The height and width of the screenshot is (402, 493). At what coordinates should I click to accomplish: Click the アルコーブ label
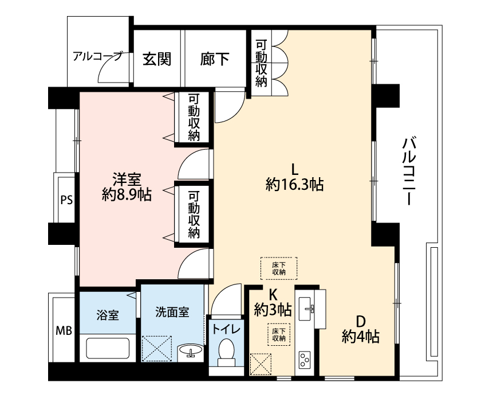(x=97, y=57)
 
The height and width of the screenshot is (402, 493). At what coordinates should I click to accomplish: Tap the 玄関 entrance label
(x=157, y=59)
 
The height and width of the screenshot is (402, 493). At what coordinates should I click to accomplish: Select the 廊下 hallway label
(x=215, y=59)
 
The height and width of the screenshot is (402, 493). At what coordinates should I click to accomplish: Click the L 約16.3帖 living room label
(x=295, y=178)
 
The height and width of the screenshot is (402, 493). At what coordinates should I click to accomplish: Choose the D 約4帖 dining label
(x=361, y=330)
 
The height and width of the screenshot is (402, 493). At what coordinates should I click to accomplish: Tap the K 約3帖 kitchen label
(x=273, y=303)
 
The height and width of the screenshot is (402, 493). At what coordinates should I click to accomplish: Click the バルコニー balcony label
(x=408, y=171)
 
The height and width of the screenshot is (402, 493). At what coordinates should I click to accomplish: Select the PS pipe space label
(x=66, y=200)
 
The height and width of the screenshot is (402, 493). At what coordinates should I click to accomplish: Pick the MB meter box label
(x=64, y=331)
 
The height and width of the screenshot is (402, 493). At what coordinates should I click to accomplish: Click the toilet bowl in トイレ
(x=226, y=350)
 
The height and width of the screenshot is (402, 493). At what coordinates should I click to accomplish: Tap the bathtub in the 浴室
(x=108, y=348)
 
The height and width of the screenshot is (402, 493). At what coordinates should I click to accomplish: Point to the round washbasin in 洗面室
(x=190, y=350)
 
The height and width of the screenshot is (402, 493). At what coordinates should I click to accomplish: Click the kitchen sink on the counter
(x=306, y=309)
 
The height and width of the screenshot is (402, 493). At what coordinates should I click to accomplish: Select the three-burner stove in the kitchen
(x=305, y=360)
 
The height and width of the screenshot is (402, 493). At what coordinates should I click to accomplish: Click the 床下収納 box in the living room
(x=279, y=268)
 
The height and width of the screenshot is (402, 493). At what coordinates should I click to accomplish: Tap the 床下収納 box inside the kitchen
(x=279, y=335)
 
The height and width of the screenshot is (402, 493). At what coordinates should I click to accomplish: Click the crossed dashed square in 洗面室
(x=157, y=349)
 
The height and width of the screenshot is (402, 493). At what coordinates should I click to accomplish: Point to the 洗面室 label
(x=172, y=312)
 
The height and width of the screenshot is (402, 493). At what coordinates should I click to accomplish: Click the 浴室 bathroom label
(x=108, y=315)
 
